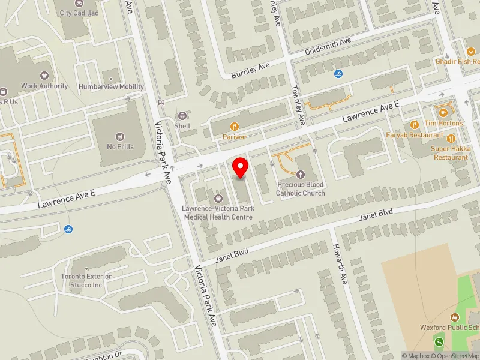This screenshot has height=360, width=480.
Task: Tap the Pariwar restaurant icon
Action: pyautogui.click(x=235, y=127)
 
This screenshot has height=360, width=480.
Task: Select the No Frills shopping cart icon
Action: pyautogui.click(x=121, y=136)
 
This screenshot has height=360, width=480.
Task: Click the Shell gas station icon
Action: pyautogui.click(x=182, y=116)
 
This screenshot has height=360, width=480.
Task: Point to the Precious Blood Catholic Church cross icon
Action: pyautogui.click(x=300, y=174)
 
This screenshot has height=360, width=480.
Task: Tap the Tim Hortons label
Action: pyautogui.click(x=443, y=123)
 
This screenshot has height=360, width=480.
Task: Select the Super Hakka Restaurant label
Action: pyautogui.click(x=452, y=153)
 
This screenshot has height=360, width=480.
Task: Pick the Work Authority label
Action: pyautogui.click(x=44, y=86)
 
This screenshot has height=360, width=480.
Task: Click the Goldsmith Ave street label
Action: pyautogui.click(x=328, y=43)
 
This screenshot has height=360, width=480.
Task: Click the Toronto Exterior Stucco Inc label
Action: pyautogui.click(x=86, y=280)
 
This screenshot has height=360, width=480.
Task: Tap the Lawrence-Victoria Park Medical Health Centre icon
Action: pyautogui.click(x=218, y=198)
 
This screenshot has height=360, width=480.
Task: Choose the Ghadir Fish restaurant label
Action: pyautogui.click(x=459, y=61)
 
